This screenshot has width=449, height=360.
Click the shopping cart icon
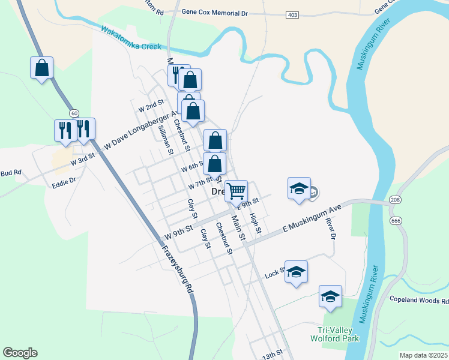point(237,191)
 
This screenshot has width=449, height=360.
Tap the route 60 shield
point(74,113)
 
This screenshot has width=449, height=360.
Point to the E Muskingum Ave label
point(312,218)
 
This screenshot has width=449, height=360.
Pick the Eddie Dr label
point(64,179)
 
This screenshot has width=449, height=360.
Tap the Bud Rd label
point(10,173)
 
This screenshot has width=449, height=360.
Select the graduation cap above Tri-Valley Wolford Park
point(330,296)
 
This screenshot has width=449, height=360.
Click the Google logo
point(20,353)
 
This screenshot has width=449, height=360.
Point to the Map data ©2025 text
point(423,355)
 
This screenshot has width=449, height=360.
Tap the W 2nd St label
point(151,106)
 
